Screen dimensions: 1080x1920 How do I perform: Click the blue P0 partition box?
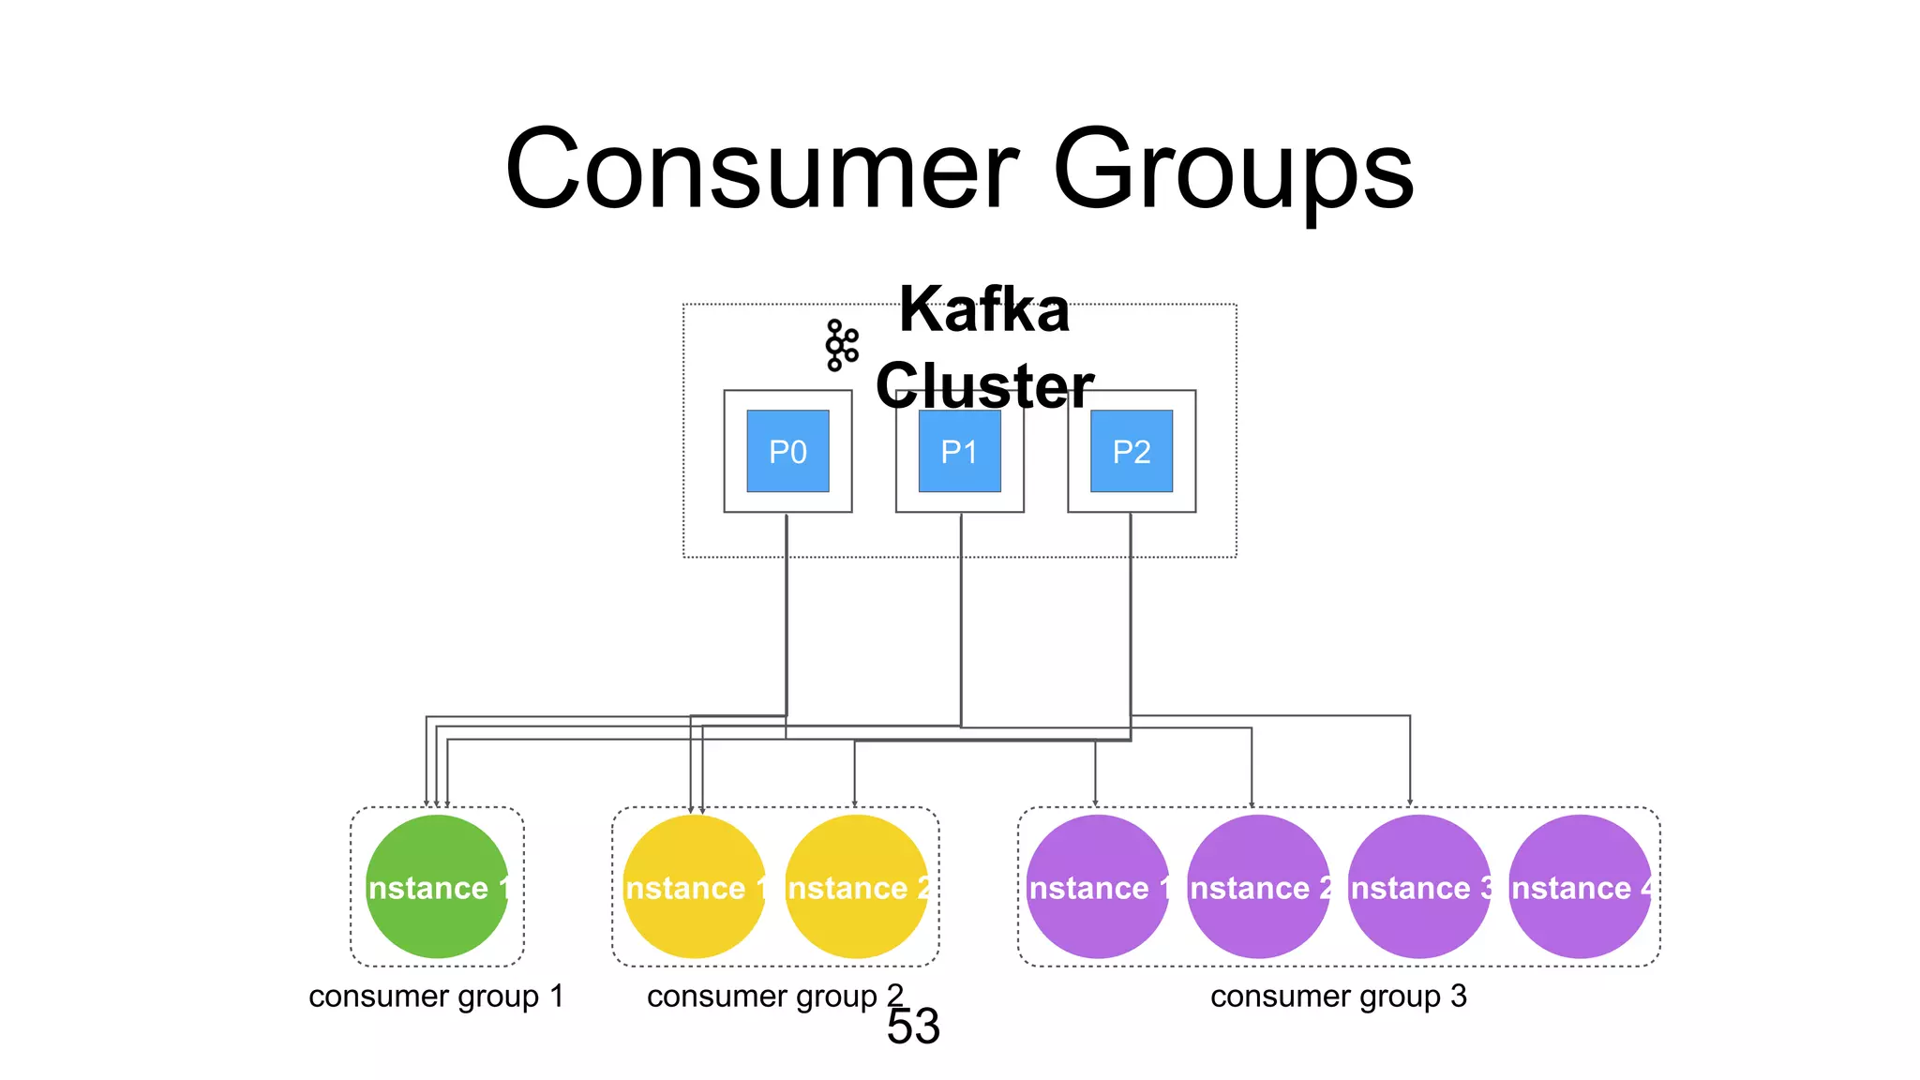787,451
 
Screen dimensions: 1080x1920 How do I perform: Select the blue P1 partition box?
959,451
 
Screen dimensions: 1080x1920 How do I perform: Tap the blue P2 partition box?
1131,451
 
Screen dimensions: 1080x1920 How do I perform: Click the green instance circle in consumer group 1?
437,886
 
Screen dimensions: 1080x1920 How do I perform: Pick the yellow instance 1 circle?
694,886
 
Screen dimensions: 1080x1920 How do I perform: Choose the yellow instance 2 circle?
856,886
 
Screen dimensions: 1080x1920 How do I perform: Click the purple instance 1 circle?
1097,886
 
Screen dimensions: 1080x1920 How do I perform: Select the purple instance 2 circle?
1258,886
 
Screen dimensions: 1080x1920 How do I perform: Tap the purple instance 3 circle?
1418,886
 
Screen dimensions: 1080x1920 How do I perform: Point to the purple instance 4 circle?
1580,886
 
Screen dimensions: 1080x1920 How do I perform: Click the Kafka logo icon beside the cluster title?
841,346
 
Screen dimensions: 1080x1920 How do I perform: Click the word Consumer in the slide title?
761,170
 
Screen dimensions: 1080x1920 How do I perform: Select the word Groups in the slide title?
1233,170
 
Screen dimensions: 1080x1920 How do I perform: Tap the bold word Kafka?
984,309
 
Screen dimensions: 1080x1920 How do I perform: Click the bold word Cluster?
984,385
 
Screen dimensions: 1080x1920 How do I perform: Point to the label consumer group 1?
436,996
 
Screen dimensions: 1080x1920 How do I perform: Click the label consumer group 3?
1338,996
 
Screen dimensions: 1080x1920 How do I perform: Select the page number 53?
913,1027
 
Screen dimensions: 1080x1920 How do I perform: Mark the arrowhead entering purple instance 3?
1409,802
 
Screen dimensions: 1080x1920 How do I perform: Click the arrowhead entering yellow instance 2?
854,802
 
